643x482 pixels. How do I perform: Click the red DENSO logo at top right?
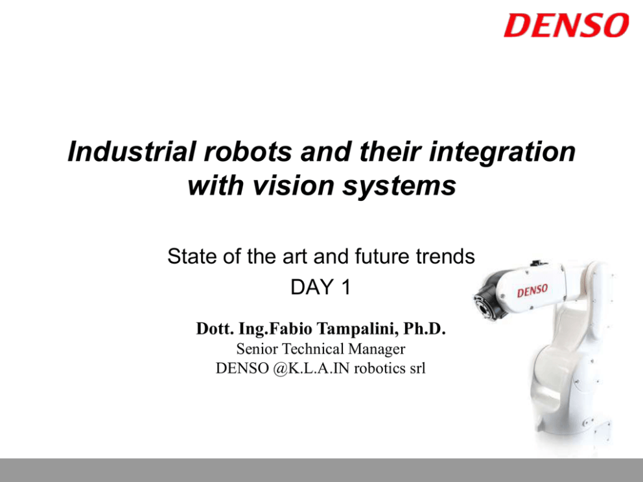567,25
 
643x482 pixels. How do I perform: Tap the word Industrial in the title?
131,152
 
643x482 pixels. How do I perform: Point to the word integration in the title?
502,152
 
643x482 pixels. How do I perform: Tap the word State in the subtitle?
192,257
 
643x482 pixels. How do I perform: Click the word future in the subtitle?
382,257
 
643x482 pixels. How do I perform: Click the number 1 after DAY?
345,287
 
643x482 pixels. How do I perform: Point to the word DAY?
312,287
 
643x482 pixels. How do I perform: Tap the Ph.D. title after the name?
425,328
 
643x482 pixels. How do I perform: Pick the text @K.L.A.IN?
311,368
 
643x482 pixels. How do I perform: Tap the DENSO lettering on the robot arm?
532,291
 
